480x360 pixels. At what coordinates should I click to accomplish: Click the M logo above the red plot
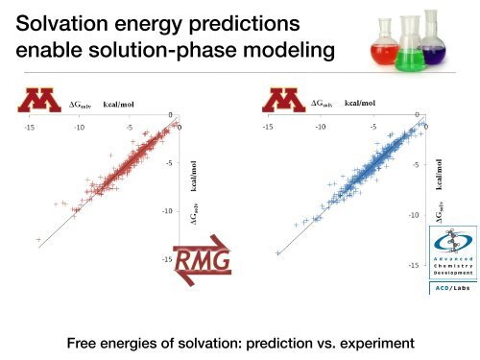tap(42, 98)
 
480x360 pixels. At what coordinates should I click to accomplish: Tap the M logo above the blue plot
tap(286, 98)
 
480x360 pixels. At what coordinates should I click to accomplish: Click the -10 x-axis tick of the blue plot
tap(322, 126)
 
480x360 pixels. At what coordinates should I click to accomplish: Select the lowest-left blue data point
tap(277, 252)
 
